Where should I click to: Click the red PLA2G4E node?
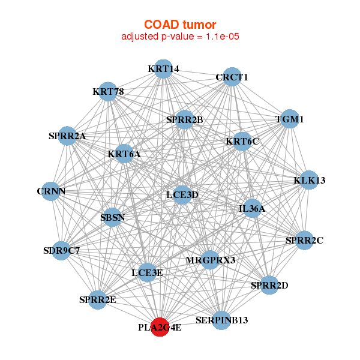[x=160, y=328]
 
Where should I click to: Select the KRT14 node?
[x=163, y=68]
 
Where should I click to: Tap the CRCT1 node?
[x=232, y=77]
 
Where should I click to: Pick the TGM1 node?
[x=290, y=119]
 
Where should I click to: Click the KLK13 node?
[x=309, y=180]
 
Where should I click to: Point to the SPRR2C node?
[x=304, y=241]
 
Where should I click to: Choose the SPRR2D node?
[x=269, y=285]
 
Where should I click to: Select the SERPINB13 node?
[x=221, y=320]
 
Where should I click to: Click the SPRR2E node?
[x=98, y=299]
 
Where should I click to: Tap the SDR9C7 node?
[x=61, y=251]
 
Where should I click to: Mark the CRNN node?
[x=51, y=191]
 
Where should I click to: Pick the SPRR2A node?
[x=67, y=136]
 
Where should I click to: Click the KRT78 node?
[x=108, y=92]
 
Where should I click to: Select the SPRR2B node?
[x=185, y=120]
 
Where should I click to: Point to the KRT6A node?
[x=124, y=154]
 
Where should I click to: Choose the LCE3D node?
[x=182, y=194]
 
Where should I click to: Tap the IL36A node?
[x=251, y=209]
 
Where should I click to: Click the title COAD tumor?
[x=180, y=24]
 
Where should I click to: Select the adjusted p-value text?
[x=181, y=37]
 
